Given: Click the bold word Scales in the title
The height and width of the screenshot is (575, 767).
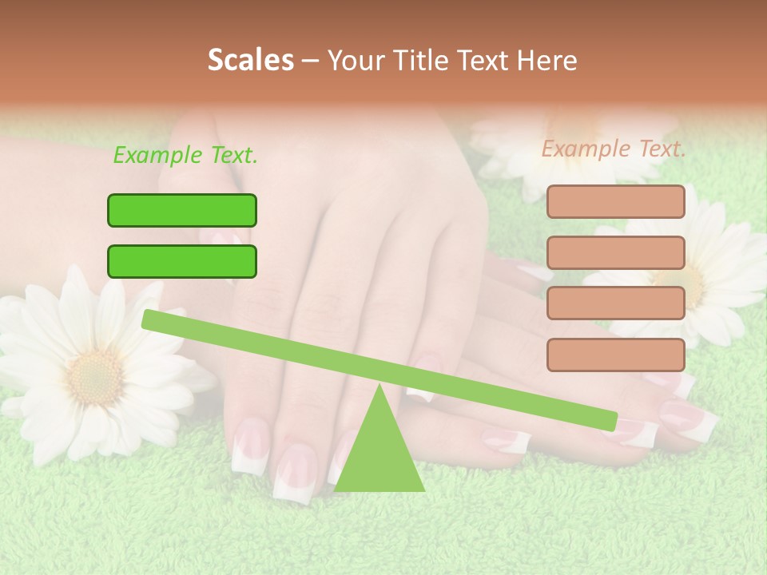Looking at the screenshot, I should tap(250, 60).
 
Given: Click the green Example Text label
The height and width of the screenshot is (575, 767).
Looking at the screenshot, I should tap(185, 155).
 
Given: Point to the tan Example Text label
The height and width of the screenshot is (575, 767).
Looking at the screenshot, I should tap(614, 149).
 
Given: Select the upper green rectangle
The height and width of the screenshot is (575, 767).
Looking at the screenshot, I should tap(182, 210).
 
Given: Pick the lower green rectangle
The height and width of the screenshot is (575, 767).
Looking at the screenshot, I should tap(182, 261).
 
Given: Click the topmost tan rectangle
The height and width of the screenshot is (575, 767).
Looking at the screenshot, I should tap(615, 201).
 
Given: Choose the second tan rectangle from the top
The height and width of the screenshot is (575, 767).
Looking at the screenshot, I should tap(615, 252).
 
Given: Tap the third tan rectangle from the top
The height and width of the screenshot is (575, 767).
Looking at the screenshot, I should tap(615, 303).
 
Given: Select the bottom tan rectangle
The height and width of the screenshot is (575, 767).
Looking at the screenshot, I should tap(615, 355).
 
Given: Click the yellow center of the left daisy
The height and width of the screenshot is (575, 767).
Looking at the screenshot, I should tap(94, 375).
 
